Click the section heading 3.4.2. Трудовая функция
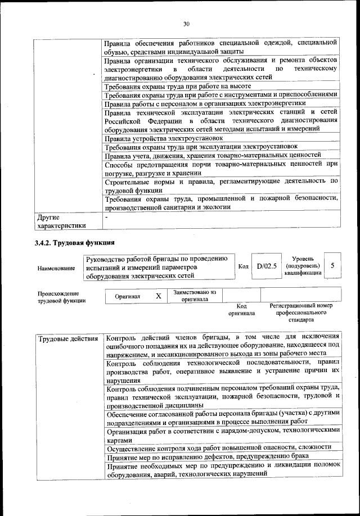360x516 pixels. pos(75,243)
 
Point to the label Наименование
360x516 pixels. pos(56,269)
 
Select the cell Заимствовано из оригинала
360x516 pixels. pos(195,296)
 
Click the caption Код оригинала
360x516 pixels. pos(241,309)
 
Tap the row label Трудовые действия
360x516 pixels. pos(68,339)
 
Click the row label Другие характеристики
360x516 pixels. pos(61,221)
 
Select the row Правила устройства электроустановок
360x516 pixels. pos(157,138)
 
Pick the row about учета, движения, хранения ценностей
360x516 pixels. pos(213,155)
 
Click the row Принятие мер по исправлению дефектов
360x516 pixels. pos(207,456)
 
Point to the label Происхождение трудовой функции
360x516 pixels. pos(61,297)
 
